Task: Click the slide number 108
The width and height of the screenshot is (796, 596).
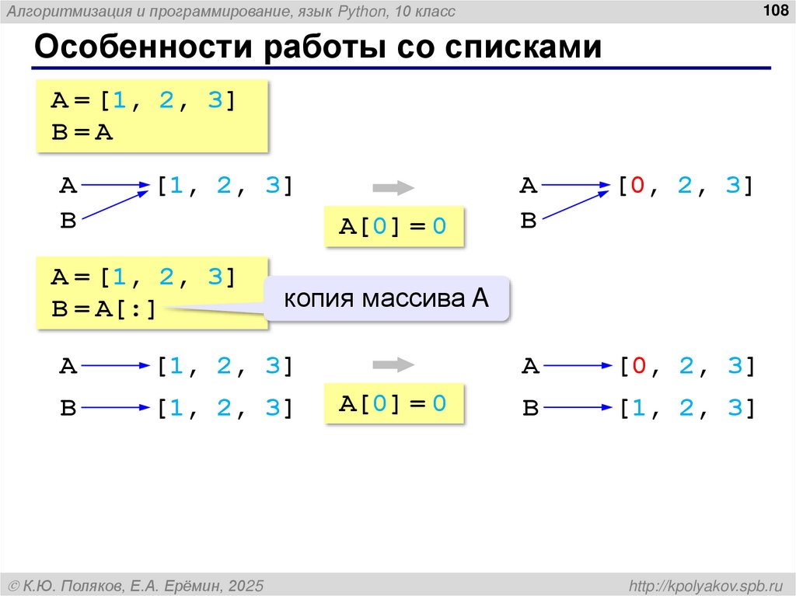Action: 773,11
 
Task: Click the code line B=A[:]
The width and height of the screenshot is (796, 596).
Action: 104,310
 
